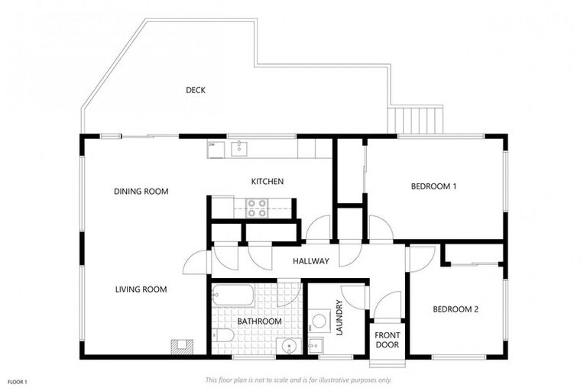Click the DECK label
coord(196,90)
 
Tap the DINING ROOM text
coord(141,191)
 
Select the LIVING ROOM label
coord(141,289)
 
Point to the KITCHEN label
coord(268,182)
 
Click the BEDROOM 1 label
coord(433,186)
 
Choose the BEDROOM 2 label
coord(456,309)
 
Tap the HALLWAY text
coord(310,261)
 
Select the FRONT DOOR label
coord(387,339)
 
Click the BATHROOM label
coord(259,322)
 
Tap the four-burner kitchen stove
coord(257,208)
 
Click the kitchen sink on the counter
coord(239,146)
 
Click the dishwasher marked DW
coord(214,147)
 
